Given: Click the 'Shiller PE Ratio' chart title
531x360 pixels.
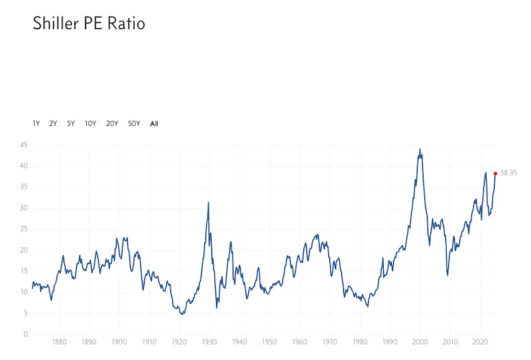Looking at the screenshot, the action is click(89, 23).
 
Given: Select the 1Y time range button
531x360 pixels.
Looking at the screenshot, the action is click(36, 123).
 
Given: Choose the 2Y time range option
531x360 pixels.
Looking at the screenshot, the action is click(53, 123).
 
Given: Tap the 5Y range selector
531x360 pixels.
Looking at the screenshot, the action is click(71, 123).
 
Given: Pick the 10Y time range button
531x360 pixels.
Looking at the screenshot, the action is click(91, 123).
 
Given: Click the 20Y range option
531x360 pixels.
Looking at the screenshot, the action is click(112, 123).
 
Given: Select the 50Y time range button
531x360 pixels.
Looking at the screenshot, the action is click(134, 123).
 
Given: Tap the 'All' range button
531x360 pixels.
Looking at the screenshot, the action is click(154, 123).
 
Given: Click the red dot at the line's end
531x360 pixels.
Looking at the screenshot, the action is click(495, 174).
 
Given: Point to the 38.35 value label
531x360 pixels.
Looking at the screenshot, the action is click(508, 173).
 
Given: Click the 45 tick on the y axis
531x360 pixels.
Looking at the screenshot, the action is click(24, 145).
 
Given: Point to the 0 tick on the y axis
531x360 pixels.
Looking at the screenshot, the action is click(26, 334).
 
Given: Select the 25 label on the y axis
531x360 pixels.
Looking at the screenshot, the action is click(24, 229).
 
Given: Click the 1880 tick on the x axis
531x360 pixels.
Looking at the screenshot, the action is click(59, 341).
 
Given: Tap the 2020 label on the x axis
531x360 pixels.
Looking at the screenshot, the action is click(480, 341).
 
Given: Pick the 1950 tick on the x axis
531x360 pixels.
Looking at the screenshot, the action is click(270, 341).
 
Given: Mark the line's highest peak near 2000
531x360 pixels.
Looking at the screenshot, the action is click(420, 149).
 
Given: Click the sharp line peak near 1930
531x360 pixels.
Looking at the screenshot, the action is click(208, 202).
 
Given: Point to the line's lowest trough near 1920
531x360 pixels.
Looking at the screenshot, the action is click(183, 314).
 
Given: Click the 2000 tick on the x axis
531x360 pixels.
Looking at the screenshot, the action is click(420, 341).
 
